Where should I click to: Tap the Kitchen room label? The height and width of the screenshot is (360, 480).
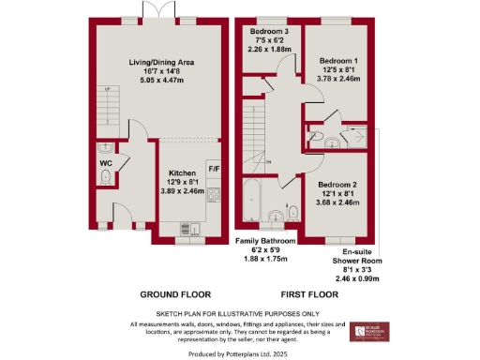181,173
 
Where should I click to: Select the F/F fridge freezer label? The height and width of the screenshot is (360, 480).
213,170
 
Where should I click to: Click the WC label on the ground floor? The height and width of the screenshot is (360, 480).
106,162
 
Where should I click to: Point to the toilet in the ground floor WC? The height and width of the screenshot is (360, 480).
106,177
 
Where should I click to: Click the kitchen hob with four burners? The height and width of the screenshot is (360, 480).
213,195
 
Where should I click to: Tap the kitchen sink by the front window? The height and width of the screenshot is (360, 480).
184,228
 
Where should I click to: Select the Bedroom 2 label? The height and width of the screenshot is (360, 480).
336,185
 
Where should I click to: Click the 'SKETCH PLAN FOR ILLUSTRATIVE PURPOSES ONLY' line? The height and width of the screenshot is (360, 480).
240,313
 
